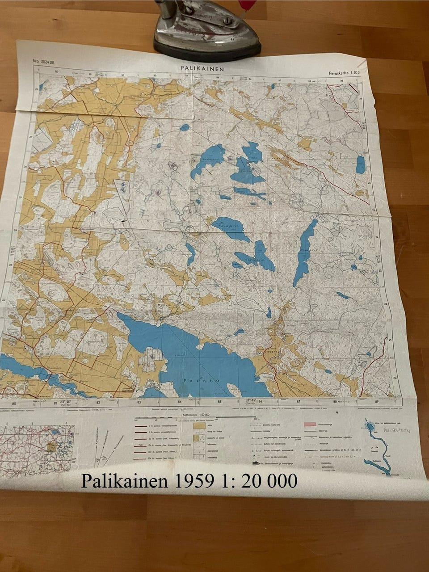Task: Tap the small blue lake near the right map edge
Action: (x=360, y=164)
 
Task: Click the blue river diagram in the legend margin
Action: (x=378, y=447)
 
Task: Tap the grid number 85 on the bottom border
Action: (x=219, y=401)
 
